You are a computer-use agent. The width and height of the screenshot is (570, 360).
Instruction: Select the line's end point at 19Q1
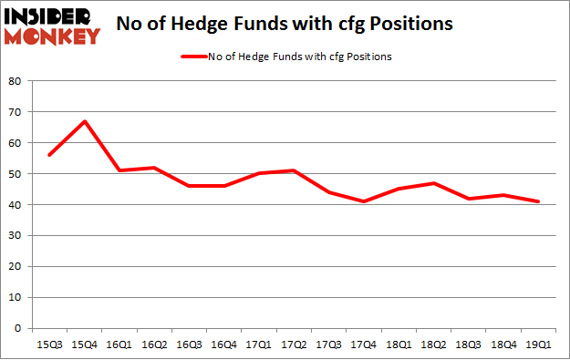539,201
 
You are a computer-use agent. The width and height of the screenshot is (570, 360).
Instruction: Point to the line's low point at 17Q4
364,201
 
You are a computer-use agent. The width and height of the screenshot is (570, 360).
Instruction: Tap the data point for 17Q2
294,170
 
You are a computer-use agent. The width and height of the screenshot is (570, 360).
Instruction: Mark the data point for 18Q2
434,183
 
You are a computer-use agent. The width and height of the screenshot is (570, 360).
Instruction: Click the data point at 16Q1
119,170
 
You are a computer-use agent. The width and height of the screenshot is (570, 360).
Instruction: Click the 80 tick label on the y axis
16,81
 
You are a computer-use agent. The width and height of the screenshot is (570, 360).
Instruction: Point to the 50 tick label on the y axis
16,174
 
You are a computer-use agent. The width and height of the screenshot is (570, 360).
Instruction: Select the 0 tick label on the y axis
19,329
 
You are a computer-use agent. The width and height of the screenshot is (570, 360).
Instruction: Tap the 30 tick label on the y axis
16,236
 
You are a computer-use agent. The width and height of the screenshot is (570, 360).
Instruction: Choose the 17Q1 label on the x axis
258,345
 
